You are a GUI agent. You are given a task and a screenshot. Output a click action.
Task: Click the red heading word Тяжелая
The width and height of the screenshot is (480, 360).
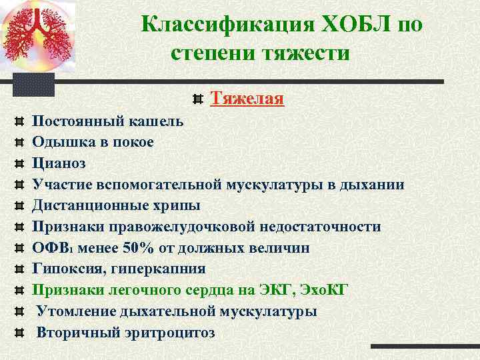(247, 99)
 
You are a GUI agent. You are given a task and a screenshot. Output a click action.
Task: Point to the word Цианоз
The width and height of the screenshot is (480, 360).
(59, 163)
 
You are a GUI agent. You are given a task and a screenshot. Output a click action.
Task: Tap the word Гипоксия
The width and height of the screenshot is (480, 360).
(65, 269)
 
